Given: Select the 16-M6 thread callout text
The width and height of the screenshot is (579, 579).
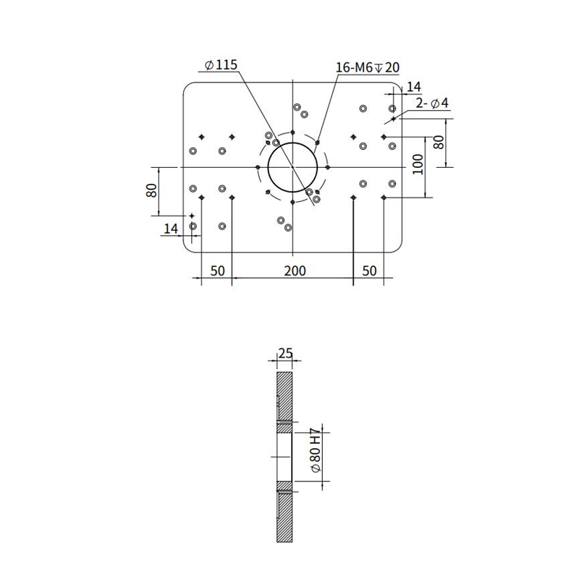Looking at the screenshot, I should coord(368,67).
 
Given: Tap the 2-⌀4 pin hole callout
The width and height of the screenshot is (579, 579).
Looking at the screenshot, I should coord(432,103).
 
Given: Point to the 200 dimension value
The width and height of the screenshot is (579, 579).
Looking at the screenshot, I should coord(294,271).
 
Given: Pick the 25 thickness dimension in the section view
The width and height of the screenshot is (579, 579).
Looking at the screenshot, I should coord(285,354).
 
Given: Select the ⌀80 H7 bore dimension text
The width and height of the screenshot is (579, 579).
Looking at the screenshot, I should coord(315,454).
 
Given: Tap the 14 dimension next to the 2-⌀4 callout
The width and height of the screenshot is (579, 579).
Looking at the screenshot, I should coord(413,87).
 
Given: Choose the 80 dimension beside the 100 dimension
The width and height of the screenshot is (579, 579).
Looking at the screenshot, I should coord(439,142).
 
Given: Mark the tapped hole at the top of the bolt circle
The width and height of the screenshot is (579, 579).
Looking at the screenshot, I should coord(292,132).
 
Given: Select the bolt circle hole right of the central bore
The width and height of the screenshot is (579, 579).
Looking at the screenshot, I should coord(329,167).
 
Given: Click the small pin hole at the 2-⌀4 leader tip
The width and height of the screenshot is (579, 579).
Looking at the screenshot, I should coord(393,118).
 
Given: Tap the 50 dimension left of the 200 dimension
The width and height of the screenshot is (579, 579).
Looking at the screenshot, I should coord(217,271).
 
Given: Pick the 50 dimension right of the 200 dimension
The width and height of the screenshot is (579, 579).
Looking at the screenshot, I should coord(369,271).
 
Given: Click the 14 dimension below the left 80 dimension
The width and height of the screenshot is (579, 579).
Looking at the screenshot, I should coord(171,229).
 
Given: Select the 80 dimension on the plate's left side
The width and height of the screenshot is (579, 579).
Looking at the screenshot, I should coord(151,191).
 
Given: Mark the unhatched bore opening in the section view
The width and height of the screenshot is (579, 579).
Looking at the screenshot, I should coord(284,457).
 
